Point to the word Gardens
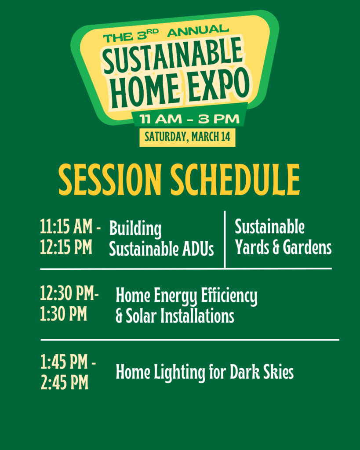307,248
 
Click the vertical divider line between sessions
225,240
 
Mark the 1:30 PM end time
63,315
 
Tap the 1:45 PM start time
66,363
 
